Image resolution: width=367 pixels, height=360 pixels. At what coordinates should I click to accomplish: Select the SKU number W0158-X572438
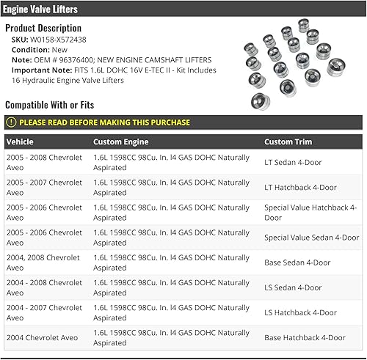(58, 39)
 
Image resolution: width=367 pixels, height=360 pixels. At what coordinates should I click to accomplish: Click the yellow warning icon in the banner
(11, 122)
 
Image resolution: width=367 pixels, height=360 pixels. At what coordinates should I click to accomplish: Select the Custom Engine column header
(120, 142)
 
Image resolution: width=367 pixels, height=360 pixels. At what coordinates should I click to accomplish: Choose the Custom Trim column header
(288, 142)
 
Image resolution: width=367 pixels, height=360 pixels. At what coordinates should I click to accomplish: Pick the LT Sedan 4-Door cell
(293, 163)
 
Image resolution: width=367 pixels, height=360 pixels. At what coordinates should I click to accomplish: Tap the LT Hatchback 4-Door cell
(300, 188)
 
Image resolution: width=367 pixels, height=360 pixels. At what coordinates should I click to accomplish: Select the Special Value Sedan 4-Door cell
(311, 238)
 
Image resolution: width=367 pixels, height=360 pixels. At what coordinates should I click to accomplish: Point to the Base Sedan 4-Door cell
(297, 262)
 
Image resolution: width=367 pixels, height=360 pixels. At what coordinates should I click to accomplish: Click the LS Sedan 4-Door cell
(293, 287)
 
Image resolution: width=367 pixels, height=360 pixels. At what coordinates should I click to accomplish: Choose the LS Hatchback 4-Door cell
(300, 312)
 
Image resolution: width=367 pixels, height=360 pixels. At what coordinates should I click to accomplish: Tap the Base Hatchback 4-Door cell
(305, 337)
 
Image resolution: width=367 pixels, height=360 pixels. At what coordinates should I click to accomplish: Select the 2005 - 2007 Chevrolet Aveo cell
(44, 188)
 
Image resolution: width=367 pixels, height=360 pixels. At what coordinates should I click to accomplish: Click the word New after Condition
(60, 49)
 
